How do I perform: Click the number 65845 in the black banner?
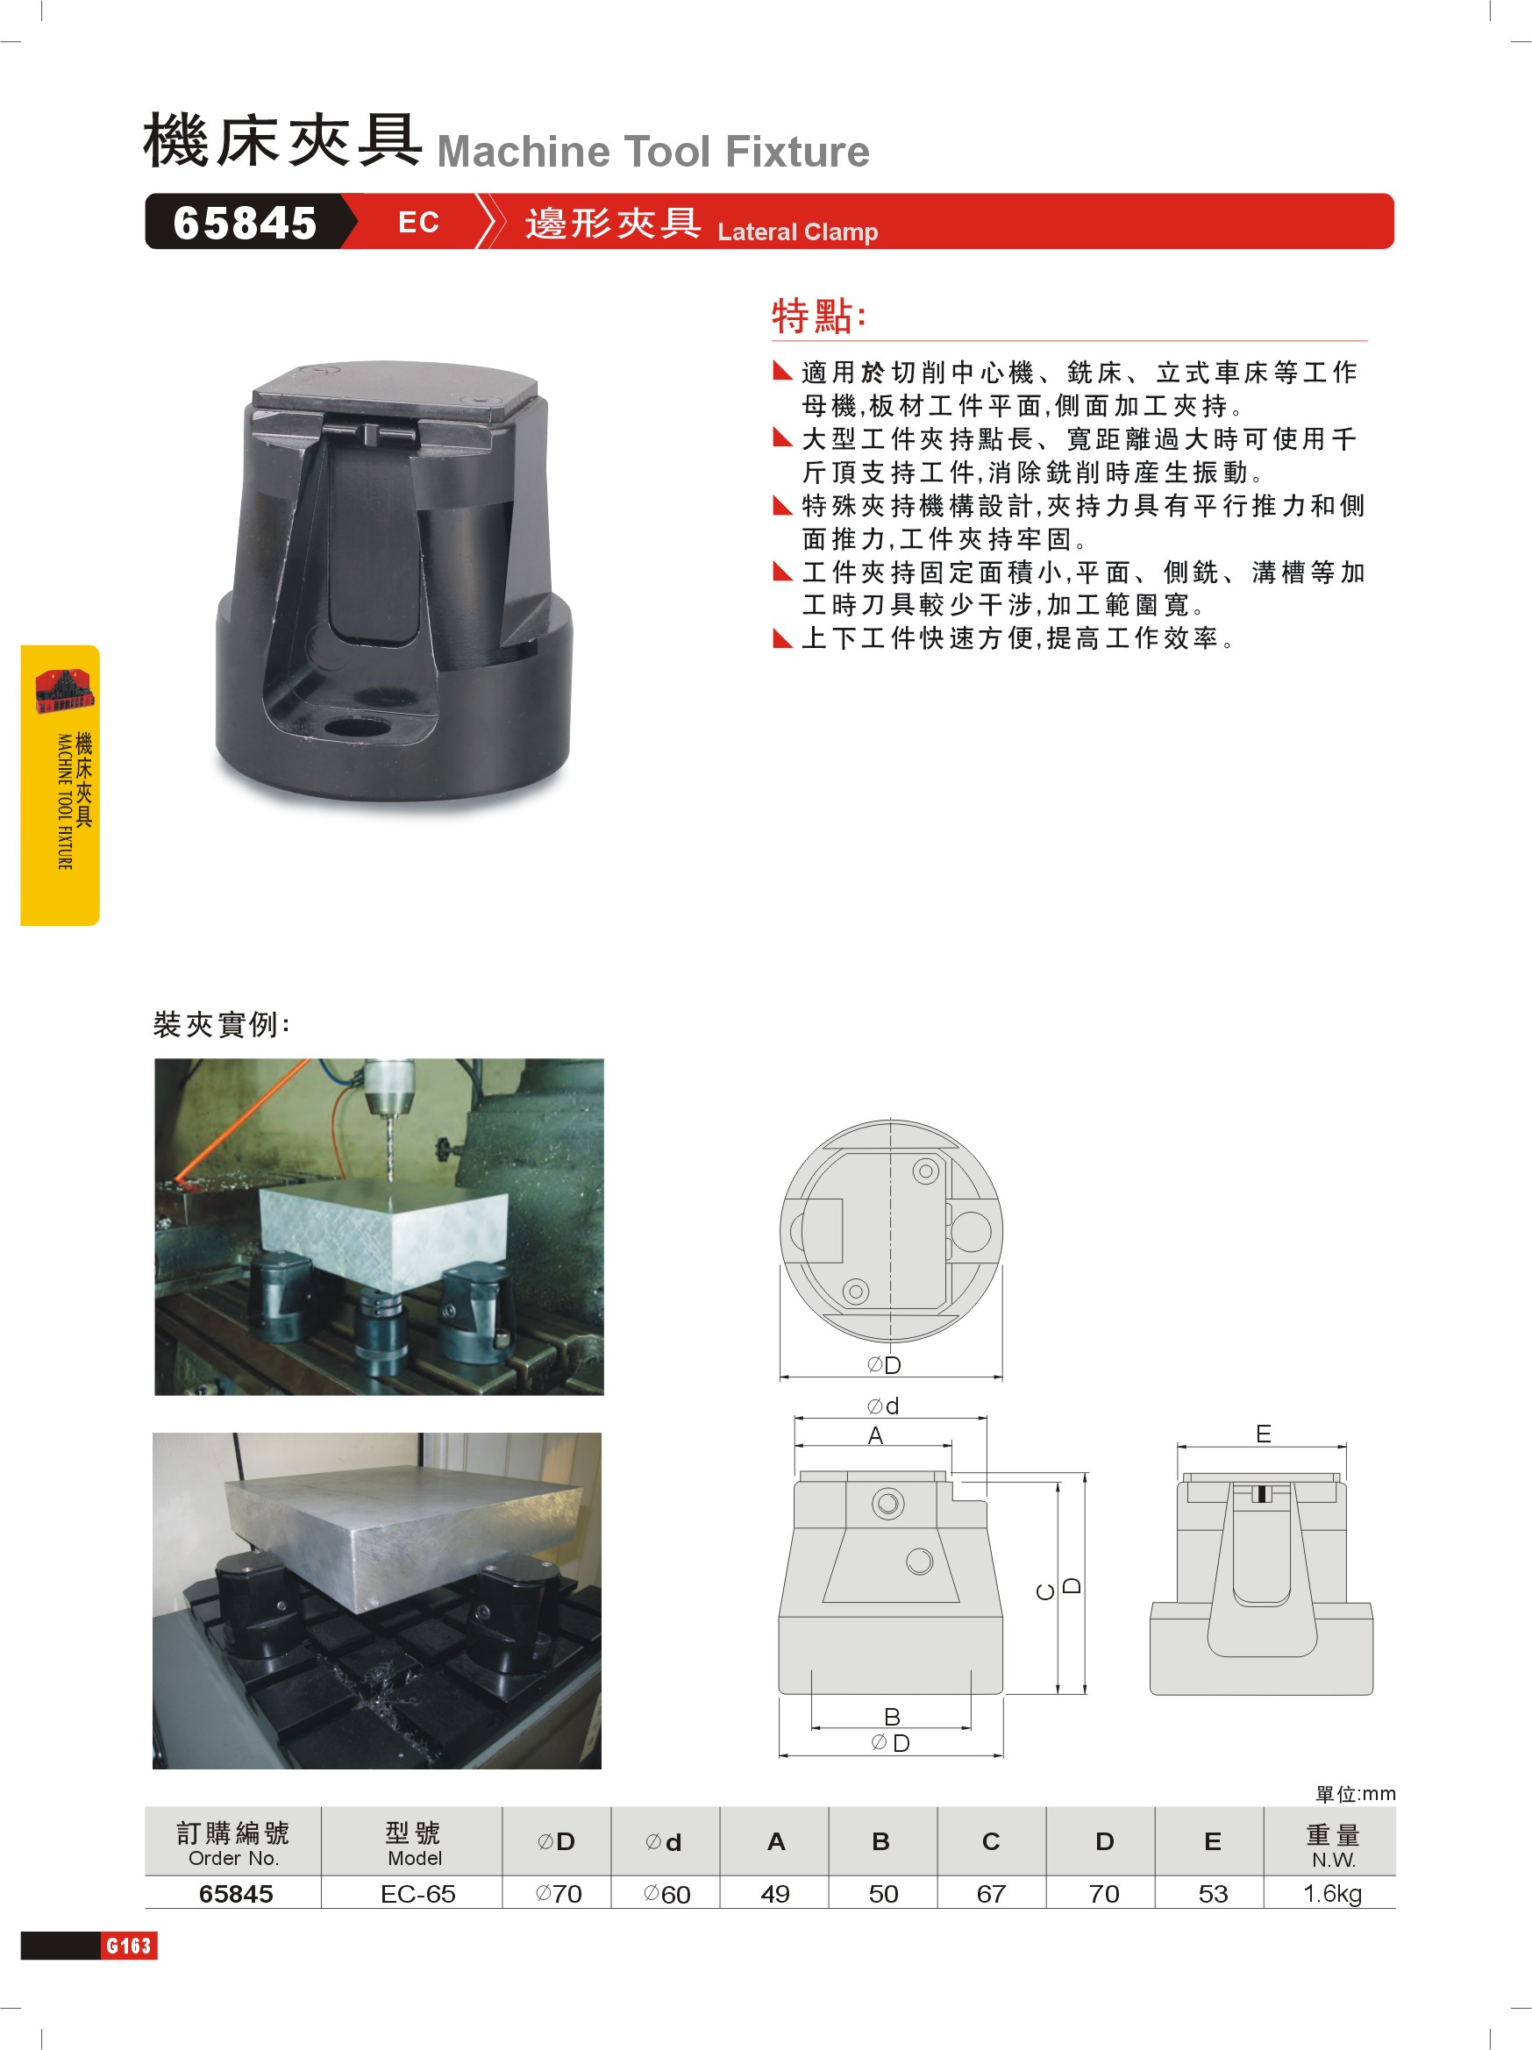pyautogui.click(x=245, y=224)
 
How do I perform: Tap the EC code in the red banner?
pyautogui.click(x=418, y=223)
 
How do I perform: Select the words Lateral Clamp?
pyautogui.click(x=797, y=231)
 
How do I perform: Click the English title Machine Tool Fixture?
pyautogui.click(x=653, y=151)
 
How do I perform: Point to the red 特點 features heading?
pyautogui.click(x=819, y=315)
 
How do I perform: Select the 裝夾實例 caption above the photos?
pyautogui.click(x=222, y=1024)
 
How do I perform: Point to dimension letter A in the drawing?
pyautogui.click(x=875, y=1435)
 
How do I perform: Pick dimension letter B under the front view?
pyautogui.click(x=892, y=1716)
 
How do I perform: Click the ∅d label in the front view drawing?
pyautogui.click(x=883, y=1406)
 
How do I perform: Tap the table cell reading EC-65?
pyautogui.click(x=418, y=1894)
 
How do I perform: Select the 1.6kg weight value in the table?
pyautogui.click(x=1332, y=1894)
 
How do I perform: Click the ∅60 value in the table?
pyautogui.click(x=666, y=1894)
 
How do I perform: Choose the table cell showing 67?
pyautogui.click(x=991, y=1894)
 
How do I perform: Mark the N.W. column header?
pyautogui.click(x=1333, y=1860)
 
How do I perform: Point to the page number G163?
pyautogui.click(x=129, y=1946)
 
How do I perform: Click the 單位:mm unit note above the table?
pyautogui.click(x=1355, y=1794)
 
